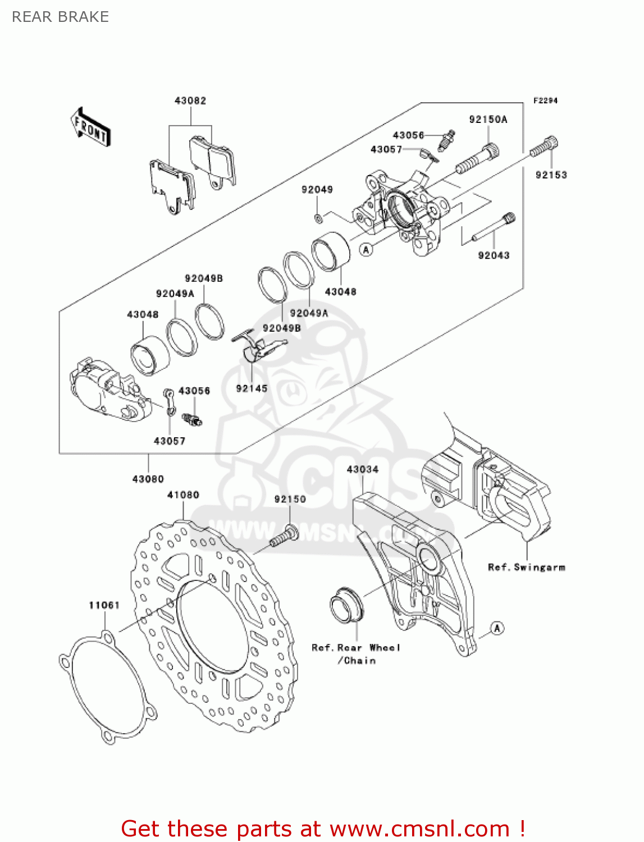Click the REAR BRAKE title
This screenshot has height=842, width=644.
(60, 17)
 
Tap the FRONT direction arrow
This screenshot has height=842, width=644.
(90, 128)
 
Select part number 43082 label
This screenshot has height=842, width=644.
(190, 101)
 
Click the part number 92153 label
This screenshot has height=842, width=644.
(551, 175)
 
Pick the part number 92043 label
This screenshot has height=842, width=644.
(494, 255)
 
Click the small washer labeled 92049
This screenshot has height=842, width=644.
(318, 218)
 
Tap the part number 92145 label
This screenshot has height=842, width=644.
(252, 388)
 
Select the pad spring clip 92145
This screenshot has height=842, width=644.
(254, 345)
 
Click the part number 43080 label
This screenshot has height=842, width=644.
(148, 479)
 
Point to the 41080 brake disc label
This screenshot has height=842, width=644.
(183, 495)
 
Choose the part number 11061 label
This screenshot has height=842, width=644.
(104, 605)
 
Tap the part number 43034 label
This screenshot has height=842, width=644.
(363, 469)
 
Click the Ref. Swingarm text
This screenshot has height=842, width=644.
(526, 568)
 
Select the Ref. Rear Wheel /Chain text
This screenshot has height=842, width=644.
(356, 654)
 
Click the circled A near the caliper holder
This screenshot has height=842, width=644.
(497, 628)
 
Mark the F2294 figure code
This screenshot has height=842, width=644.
(545, 100)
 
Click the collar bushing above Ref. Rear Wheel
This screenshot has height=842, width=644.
(346, 606)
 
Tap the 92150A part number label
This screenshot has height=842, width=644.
(488, 120)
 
